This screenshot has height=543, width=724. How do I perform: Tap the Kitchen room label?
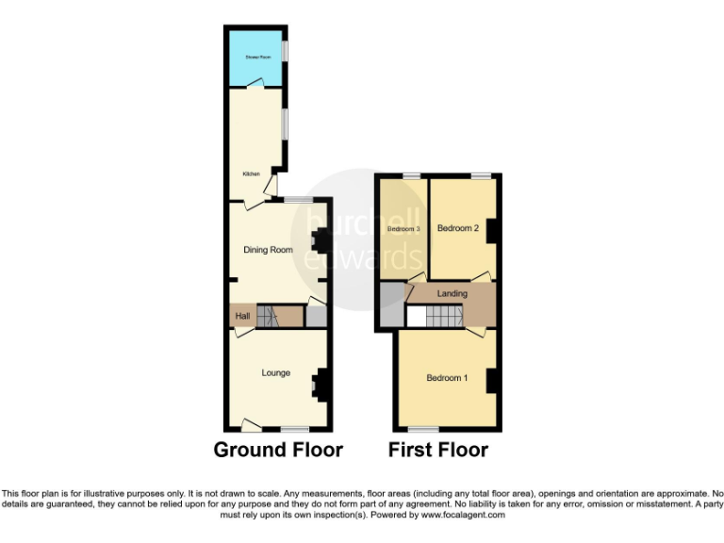(x=252, y=173)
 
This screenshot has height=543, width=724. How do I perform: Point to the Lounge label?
(x=276, y=372)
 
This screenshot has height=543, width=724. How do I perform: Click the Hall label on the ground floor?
(x=242, y=316)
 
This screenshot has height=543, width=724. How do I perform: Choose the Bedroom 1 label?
(x=447, y=378)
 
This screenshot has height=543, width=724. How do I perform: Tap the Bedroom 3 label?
(x=403, y=228)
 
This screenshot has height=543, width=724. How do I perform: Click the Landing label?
(x=452, y=294)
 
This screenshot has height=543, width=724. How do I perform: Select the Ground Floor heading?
(x=278, y=450)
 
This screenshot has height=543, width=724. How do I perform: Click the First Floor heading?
(x=438, y=450)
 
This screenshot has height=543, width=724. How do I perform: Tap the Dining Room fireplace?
(x=319, y=242)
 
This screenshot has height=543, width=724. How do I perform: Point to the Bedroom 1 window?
(x=422, y=428)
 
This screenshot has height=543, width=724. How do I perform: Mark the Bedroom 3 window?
(x=411, y=175)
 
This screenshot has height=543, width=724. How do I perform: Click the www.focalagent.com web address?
(x=463, y=516)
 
